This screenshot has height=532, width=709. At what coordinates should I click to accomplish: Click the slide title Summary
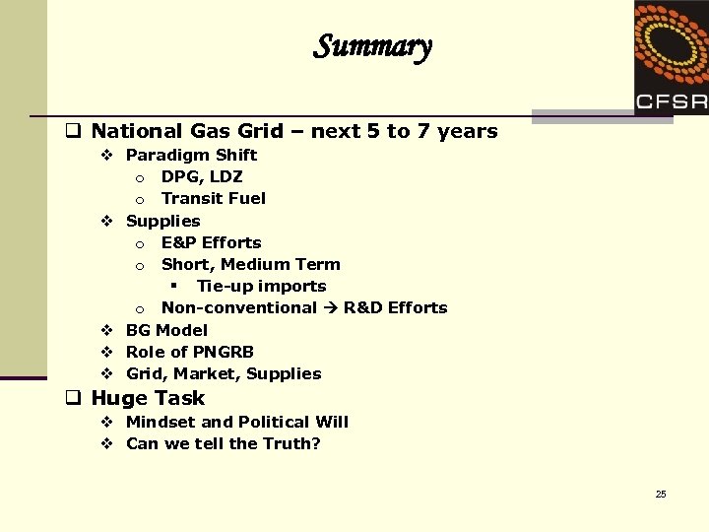[x=372, y=46]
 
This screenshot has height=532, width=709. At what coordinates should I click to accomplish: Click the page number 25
[x=661, y=494]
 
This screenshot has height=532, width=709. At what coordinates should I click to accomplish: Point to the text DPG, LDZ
[x=202, y=176]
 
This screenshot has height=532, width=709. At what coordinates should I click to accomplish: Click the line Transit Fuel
[x=214, y=198]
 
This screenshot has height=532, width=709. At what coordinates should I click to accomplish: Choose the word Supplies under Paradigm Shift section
[x=163, y=221]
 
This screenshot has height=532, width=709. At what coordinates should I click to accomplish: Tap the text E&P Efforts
[x=212, y=242]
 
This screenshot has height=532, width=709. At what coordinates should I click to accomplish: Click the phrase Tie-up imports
[x=261, y=286]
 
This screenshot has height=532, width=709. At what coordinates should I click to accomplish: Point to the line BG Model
[x=166, y=330]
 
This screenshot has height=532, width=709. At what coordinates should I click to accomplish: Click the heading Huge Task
[x=148, y=398]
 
